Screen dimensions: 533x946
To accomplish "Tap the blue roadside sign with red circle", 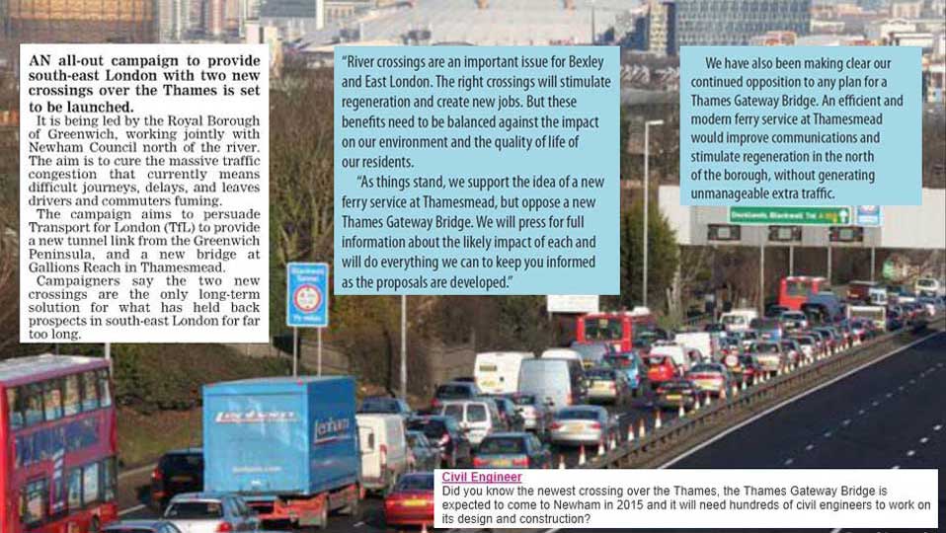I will [307, 294].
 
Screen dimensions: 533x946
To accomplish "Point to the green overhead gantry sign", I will [789, 215].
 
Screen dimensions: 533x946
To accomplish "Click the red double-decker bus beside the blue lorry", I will [57, 439].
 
